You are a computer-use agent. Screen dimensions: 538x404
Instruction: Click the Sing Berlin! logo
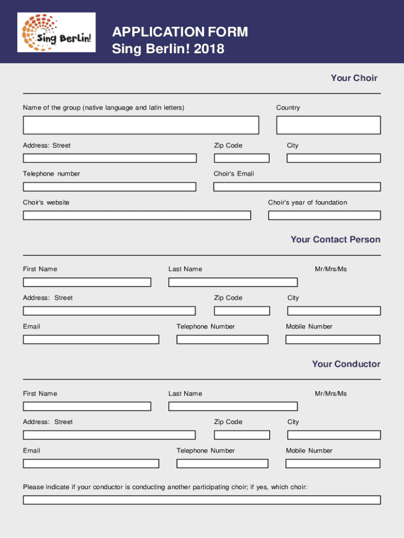click(57, 33)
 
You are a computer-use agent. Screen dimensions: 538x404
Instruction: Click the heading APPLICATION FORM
click(180, 32)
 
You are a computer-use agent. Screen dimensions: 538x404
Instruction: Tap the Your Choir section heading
click(354, 78)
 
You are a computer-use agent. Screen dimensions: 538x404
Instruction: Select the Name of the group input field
click(141, 125)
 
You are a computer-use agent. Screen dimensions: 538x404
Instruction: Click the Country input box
click(328, 125)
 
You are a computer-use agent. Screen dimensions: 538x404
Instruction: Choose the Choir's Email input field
click(296, 187)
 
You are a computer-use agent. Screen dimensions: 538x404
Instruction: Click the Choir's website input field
click(136, 215)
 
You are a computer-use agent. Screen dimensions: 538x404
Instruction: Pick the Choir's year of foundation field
click(324, 215)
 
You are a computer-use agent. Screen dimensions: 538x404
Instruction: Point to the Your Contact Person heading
click(335, 240)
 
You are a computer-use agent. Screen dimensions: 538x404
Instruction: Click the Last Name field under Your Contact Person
click(232, 282)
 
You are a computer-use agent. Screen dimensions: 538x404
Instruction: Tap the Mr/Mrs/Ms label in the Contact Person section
click(331, 269)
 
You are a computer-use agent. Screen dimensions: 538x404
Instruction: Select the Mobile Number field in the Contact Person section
click(333, 339)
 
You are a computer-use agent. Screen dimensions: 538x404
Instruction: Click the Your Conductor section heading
click(346, 364)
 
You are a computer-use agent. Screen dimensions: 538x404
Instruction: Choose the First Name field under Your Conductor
click(87, 406)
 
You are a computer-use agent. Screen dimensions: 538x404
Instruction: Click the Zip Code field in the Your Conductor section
click(241, 435)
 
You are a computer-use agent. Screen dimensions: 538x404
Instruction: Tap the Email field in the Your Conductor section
click(91, 463)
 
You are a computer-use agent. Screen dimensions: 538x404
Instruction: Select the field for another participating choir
click(201, 500)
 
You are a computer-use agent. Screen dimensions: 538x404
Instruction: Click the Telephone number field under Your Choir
click(109, 187)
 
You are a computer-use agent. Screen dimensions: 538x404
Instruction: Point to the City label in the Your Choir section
click(292, 146)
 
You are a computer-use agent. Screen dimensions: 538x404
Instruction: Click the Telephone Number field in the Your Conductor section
click(222, 463)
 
